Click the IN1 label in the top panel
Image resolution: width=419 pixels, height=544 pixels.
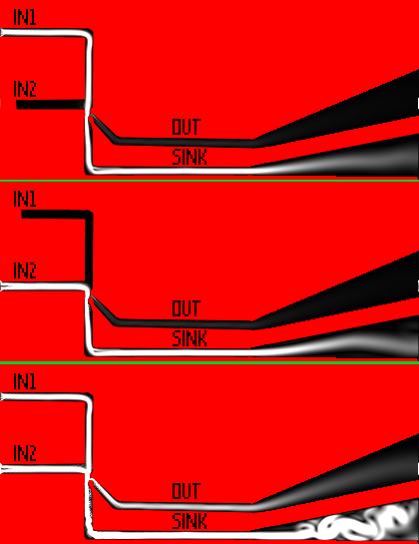[25, 17]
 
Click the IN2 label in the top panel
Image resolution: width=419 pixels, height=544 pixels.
[25, 89]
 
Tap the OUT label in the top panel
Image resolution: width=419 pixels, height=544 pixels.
[187, 127]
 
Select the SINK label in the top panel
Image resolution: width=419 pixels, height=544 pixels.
[190, 157]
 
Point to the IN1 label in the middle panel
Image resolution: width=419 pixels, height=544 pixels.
[25, 199]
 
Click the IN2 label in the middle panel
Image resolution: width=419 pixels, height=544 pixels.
[25, 271]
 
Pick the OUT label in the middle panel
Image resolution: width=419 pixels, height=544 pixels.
[187, 308]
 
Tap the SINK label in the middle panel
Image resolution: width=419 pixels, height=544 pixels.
[190, 338]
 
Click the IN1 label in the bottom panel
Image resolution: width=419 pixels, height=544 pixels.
[25, 381]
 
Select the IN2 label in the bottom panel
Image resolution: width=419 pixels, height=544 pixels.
[25, 453]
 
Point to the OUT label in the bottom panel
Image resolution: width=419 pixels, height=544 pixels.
[187, 491]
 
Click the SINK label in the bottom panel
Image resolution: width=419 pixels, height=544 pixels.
[190, 521]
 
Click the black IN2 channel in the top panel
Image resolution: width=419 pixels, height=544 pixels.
[51, 104]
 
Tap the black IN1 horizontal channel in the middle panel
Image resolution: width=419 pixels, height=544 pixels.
[54, 215]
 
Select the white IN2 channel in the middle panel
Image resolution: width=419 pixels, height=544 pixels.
[43, 286]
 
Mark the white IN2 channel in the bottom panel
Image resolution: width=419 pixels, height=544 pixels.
[43, 470]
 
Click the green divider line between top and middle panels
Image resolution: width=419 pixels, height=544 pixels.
[209, 181]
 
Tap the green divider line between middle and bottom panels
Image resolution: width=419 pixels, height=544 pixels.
[209, 362]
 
